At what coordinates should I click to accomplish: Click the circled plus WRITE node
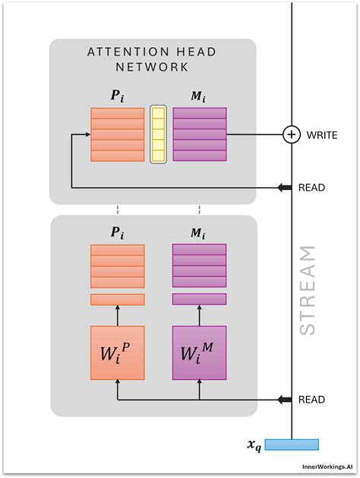click(292, 135)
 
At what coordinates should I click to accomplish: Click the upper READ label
click(311, 187)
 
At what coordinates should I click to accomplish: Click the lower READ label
click(311, 400)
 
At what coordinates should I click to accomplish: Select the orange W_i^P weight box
click(117, 353)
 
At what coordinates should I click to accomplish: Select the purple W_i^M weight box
click(199, 353)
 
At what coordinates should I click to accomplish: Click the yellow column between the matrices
click(158, 135)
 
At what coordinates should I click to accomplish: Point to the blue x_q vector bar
click(292, 445)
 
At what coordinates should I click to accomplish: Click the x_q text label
click(254, 446)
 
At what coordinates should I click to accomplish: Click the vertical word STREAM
click(307, 290)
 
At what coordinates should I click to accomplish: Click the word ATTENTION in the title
click(125, 52)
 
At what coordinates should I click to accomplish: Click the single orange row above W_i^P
click(117, 299)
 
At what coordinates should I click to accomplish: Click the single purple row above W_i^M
click(199, 299)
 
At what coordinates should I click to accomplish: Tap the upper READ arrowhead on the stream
click(284, 187)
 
